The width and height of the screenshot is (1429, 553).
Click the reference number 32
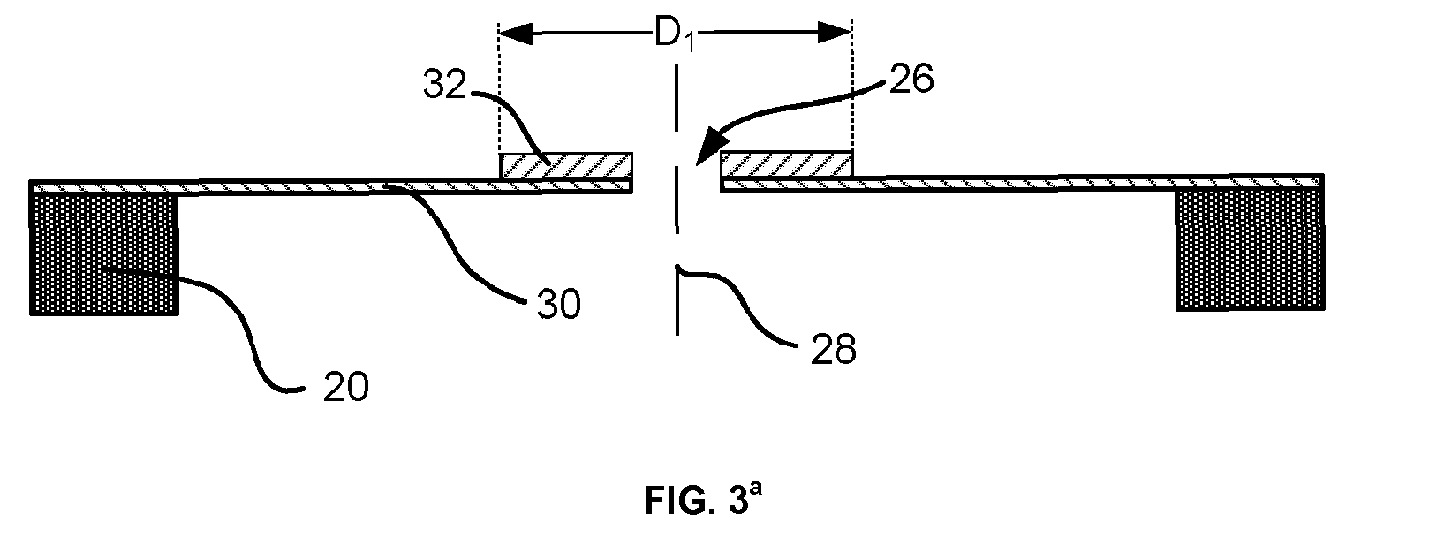tap(445, 84)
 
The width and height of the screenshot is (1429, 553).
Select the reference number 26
tap(911, 80)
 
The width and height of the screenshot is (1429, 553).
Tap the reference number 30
tap(559, 304)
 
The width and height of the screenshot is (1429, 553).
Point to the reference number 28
tap(833, 350)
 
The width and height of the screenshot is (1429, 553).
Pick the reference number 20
tap(345, 387)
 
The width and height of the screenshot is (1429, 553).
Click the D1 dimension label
tap(674, 34)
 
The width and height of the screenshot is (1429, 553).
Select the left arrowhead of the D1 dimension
tap(516, 33)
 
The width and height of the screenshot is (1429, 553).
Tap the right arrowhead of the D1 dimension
tap(835, 33)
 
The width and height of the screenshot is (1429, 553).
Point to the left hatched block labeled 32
tap(566, 165)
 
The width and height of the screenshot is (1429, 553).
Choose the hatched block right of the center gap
tap(787, 164)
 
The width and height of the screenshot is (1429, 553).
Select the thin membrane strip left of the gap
tap(331, 186)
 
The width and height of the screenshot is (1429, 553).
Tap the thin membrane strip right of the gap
tap(1022, 183)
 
